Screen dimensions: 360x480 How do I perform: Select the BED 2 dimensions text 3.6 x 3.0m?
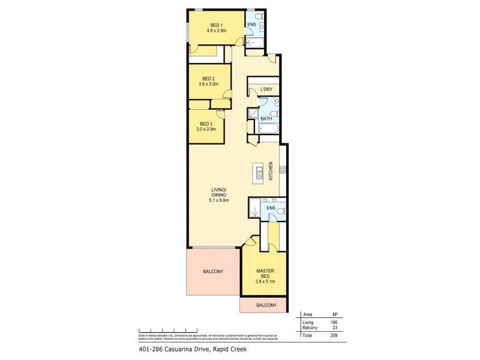[x=208, y=85]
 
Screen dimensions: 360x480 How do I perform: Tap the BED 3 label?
[x=206, y=123]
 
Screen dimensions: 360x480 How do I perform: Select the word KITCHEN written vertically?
[x=271, y=172]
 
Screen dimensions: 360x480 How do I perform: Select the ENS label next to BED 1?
[x=252, y=23]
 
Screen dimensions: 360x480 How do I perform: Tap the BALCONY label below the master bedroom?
[x=266, y=305]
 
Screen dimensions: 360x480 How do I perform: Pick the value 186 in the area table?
[x=335, y=323]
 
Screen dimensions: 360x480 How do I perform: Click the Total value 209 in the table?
[x=335, y=336]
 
